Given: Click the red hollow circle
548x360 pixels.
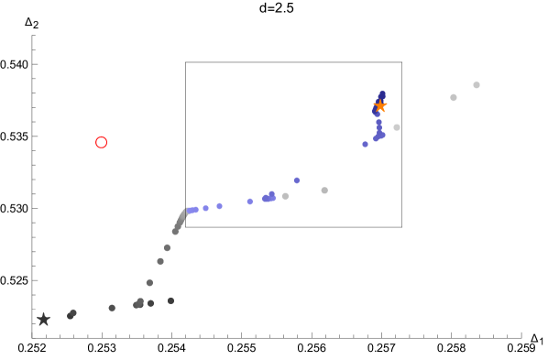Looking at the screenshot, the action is click(101, 142).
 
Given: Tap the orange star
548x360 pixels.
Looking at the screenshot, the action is click(380, 105).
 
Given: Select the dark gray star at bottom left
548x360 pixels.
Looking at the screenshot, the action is click(43, 319).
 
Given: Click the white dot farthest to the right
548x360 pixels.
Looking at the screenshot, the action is click(477, 85).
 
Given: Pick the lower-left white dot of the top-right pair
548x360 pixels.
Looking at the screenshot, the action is click(454, 97).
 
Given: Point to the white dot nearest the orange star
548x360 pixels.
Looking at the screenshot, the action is click(397, 127).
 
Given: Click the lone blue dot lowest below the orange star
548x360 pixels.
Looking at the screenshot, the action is click(365, 144).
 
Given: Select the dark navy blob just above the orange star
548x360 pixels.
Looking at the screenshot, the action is click(382, 94).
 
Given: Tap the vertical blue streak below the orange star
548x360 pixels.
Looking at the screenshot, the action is click(378, 127).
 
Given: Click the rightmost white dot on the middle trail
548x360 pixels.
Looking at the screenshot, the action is click(324, 191).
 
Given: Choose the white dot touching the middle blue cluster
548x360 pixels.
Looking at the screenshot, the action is click(285, 196).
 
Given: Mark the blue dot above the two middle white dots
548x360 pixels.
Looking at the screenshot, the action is click(297, 180).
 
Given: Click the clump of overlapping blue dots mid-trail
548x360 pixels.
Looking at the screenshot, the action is click(269, 197).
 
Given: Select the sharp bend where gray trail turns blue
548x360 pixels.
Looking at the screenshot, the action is click(187, 211).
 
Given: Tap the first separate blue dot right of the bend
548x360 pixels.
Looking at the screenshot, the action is click(205, 208).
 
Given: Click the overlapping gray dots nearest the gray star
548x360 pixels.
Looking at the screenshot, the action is click(71, 314).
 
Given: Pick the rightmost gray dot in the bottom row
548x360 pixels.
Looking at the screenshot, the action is click(170, 300).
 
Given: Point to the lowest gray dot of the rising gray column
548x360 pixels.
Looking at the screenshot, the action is click(149, 282).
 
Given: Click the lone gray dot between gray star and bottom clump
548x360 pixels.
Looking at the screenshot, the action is click(112, 308).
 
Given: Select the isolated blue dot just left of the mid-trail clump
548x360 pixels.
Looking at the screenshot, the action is click(249, 202).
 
